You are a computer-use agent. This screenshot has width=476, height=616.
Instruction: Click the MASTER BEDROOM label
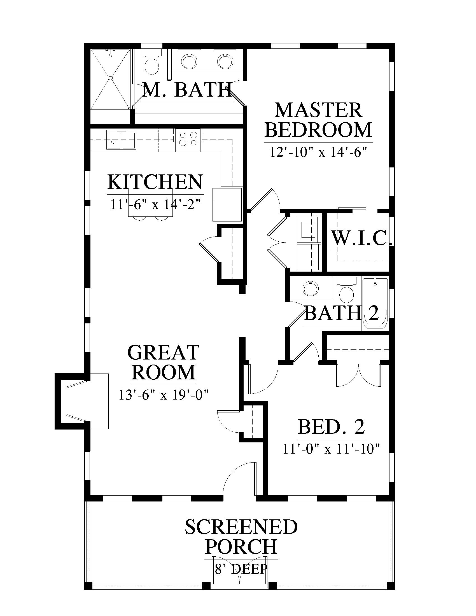(319, 120)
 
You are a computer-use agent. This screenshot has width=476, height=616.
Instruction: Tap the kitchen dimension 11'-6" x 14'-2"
(155, 204)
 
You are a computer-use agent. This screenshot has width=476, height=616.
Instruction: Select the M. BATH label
(187, 90)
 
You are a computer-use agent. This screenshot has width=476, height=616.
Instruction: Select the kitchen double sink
(121, 140)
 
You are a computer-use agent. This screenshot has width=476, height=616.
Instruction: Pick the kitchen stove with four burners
(188, 139)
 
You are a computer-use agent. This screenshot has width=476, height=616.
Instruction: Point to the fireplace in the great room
(82, 401)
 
